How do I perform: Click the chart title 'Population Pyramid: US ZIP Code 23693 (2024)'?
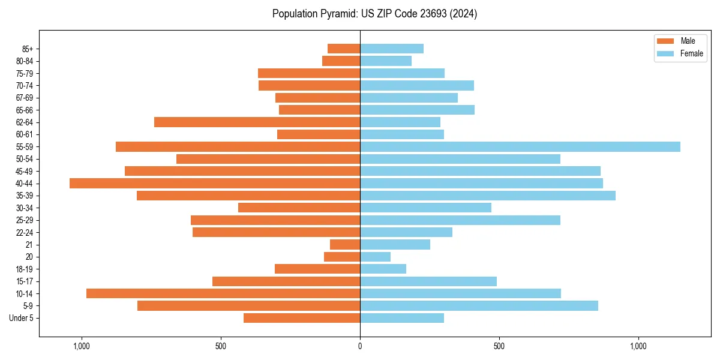[x=374, y=14]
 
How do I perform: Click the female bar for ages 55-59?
[x=520, y=146]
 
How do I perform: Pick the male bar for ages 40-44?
[x=215, y=183]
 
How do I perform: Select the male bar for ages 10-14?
[x=223, y=293]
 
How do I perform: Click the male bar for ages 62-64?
[x=257, y=122]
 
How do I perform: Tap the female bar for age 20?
[x=375, y=257]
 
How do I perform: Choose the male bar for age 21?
[x=345, y=244]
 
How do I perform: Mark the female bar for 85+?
[x=391, y=49]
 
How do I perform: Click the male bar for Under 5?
[x=302, y=318]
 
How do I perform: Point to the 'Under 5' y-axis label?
[x=21, y=318]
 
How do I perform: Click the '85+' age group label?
[x=28, y=49]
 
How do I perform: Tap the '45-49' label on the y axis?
[x=25, y=171]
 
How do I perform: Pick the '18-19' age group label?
[x=25, y=269]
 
